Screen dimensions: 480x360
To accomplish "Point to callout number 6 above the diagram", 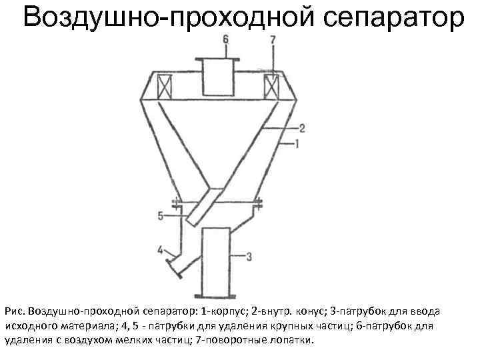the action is (x=225, y=40).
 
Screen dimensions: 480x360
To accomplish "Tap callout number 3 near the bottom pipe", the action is (x=248, y=256).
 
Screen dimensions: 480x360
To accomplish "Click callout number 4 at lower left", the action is (x=160, y=250).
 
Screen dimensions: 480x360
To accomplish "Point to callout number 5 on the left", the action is (x=161, y=215).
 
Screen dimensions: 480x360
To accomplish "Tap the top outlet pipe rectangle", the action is (x=218, y=77).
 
